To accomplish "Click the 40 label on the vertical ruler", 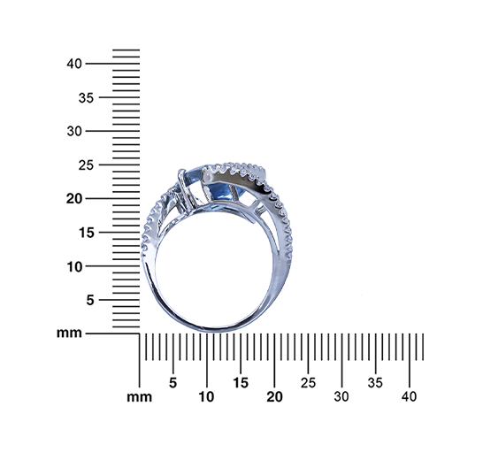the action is tap(74, 64).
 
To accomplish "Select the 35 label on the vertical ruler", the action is tap(86, 97).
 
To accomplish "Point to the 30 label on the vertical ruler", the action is tap(74, 131).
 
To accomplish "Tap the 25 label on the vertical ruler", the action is tap(86, 165).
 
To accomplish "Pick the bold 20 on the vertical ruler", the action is tap(74, 199).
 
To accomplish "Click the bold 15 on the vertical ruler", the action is tap(87, 233).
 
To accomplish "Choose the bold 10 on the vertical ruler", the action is tap(74, 266).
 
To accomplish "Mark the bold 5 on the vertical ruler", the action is tap(90, 300).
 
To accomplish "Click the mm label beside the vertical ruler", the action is tap(69, 333).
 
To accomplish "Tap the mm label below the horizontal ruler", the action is tap(139, 397).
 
